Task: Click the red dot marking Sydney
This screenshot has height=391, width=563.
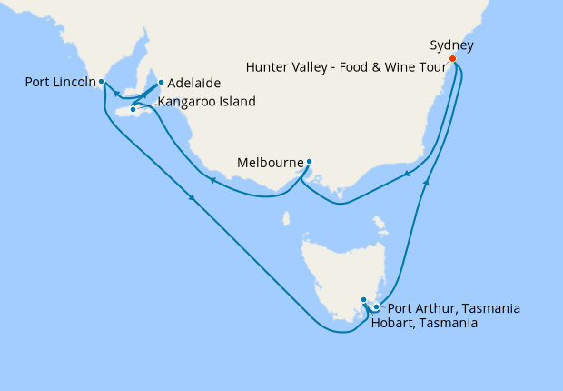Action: (454, 62)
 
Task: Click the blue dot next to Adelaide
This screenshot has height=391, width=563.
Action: (161, 83)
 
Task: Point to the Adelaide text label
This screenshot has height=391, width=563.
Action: (195, 82)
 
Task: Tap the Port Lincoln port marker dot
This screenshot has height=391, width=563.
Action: (102, 83)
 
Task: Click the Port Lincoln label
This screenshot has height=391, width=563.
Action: (60, 83)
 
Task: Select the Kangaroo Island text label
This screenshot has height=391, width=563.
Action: (207, 102)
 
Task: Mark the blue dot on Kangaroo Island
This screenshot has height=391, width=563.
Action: (133, 110)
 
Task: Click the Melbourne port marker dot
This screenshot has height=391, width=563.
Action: (309, 163)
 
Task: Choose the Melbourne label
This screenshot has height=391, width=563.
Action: (270, 164)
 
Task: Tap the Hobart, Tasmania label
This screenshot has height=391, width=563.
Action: (425, 323)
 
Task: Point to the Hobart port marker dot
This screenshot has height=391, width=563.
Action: (363, 300)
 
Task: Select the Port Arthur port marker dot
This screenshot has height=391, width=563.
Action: (376, 307)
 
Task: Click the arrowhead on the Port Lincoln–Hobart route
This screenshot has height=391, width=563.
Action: (193, 200)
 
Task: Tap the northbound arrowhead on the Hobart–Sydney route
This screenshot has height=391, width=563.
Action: (426, 183)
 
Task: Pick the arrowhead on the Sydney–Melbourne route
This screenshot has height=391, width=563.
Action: (408, 175)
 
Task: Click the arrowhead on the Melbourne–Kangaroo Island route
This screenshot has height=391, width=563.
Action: (212, 180)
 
